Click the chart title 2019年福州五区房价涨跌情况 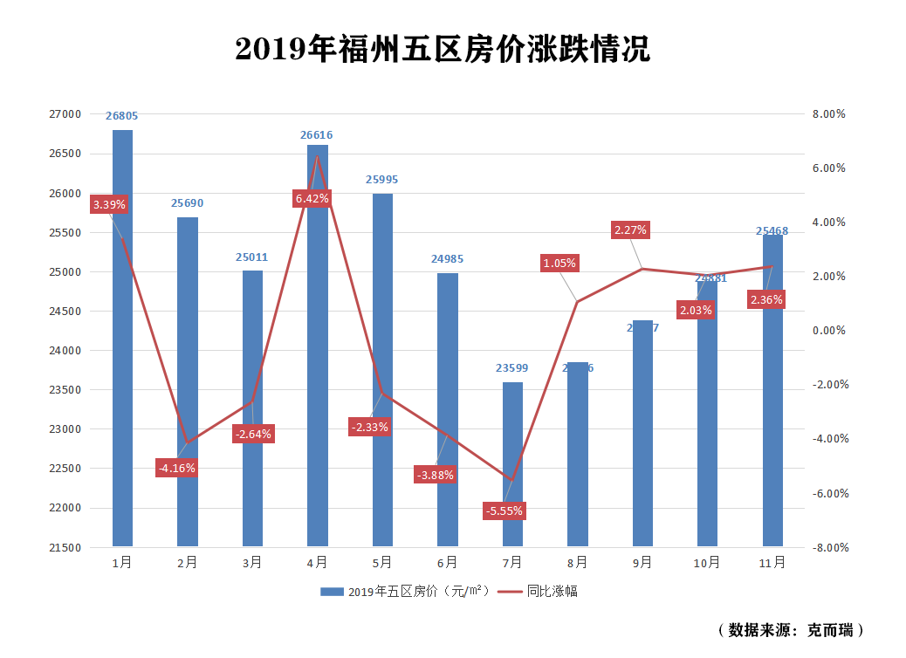coord(443,50)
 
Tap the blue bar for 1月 coord(122,349)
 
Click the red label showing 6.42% coord(312,199)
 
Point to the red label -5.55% coord(504,511)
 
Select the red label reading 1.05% coord(559,263)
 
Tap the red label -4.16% coord(176,468)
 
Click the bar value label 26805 coord(122,115)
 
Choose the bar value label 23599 coord(512,368)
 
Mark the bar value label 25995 coord(381,180)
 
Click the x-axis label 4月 coord(317,563)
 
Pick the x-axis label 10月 coord(707,563)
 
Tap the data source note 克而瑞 coord(792,629)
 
